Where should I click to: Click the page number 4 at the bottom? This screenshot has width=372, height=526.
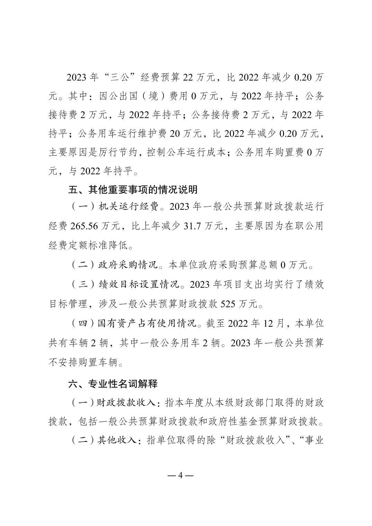coord(180,475)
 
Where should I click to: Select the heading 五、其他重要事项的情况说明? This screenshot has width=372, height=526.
coord(133,190)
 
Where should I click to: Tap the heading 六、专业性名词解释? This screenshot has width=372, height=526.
coord(113,383)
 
